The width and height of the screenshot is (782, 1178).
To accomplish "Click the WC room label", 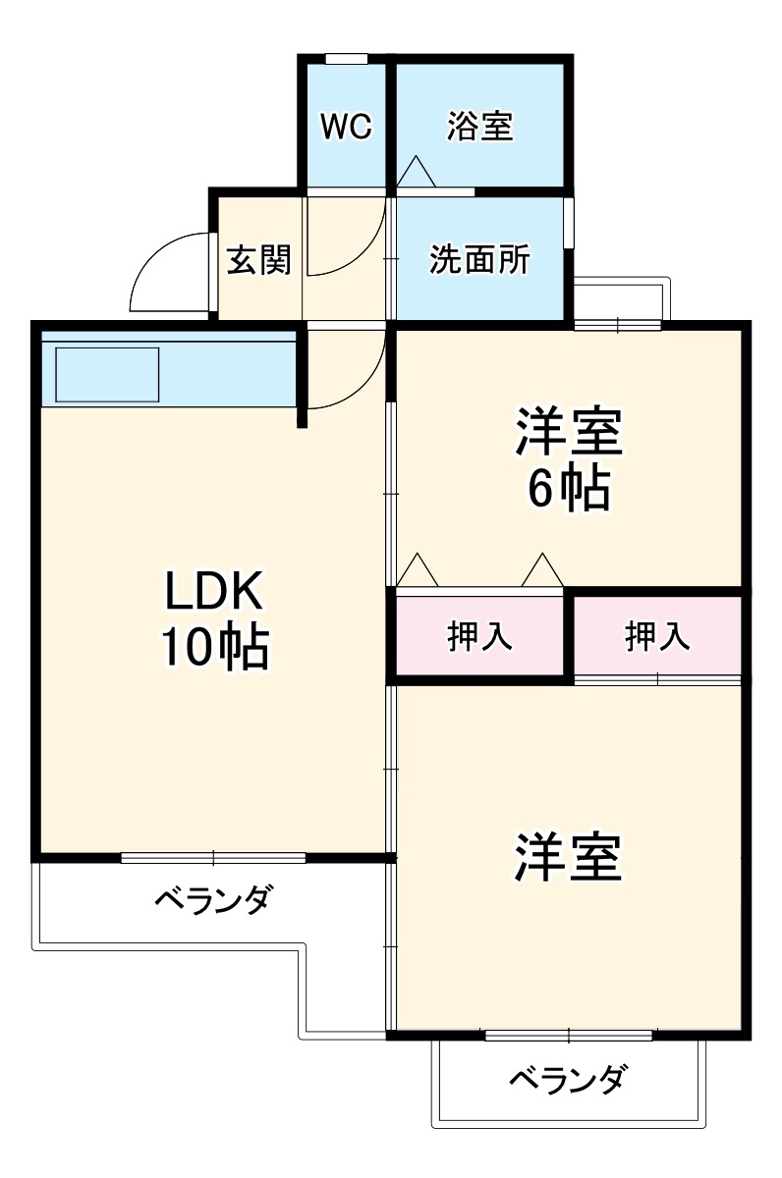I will click(346, 127).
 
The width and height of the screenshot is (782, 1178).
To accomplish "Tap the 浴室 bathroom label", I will click(479, 127).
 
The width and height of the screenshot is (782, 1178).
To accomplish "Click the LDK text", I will click(212, 592).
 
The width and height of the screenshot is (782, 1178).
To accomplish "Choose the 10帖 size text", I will click(212, 647).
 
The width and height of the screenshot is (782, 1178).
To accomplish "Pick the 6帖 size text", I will click(569, 488).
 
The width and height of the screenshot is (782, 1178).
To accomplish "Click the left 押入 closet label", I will click(479, 637).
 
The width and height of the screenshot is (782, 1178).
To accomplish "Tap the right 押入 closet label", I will click(657, 637).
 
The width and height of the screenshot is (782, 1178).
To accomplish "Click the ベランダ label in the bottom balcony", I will click(568, 1080).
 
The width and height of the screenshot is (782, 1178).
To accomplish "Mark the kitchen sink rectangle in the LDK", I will click(107, 374).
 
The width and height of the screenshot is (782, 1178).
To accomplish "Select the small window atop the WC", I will click(346, 59).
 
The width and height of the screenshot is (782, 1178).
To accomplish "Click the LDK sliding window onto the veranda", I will click(213, 857).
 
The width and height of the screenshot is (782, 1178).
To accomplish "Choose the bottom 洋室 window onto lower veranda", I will click(569, 1035).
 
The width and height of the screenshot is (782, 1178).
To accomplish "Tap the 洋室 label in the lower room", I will click(569, 857).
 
